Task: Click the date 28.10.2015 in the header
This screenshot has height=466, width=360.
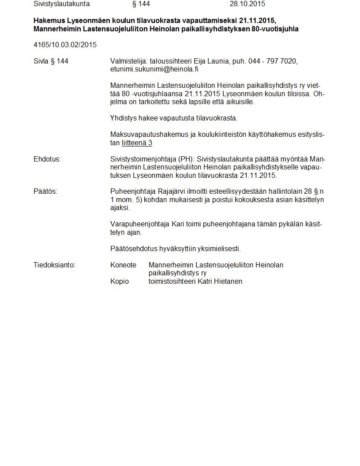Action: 247,4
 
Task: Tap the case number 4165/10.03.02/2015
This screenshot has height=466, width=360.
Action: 65,45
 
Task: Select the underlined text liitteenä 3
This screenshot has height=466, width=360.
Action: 137,143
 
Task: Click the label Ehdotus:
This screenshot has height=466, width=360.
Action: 47,159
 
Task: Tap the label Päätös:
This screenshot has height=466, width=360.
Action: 45,192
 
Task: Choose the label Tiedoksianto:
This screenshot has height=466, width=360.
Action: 54,265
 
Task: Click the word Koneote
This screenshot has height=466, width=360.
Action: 123,265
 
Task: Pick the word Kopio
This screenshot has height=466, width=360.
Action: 120,281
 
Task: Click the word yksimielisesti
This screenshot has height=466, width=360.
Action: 219,249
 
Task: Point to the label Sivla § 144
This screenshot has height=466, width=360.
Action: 51,61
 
